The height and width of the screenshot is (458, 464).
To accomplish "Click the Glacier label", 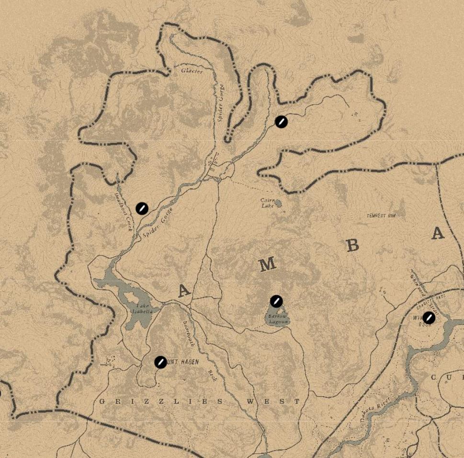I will tap(192, 71).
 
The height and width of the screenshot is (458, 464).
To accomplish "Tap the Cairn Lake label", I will tap(268, 203).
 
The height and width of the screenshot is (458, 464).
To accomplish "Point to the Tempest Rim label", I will tap(381, 216).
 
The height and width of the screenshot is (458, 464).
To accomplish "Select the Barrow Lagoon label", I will tap(278, 320).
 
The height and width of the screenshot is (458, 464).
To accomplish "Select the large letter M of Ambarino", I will tap(267, 264).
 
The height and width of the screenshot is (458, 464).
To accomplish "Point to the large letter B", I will tap(352, 245).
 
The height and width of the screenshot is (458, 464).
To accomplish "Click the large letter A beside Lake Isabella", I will tap(183, 291).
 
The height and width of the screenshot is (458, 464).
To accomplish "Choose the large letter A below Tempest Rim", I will tap(437, 233).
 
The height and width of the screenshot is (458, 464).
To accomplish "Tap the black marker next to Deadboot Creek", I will tap(142, 208).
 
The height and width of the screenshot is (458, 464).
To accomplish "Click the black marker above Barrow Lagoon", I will tap(276, 301).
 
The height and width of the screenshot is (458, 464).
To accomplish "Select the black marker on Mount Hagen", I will tap(160, 362).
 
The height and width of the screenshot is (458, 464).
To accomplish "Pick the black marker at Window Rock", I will tap(429, 317).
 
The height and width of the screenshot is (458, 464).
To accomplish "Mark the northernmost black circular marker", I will tap(282, 122).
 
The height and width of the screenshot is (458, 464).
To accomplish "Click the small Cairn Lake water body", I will tap(278, 203).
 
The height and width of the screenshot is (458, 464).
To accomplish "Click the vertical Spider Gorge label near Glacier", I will tap(221, 102).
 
